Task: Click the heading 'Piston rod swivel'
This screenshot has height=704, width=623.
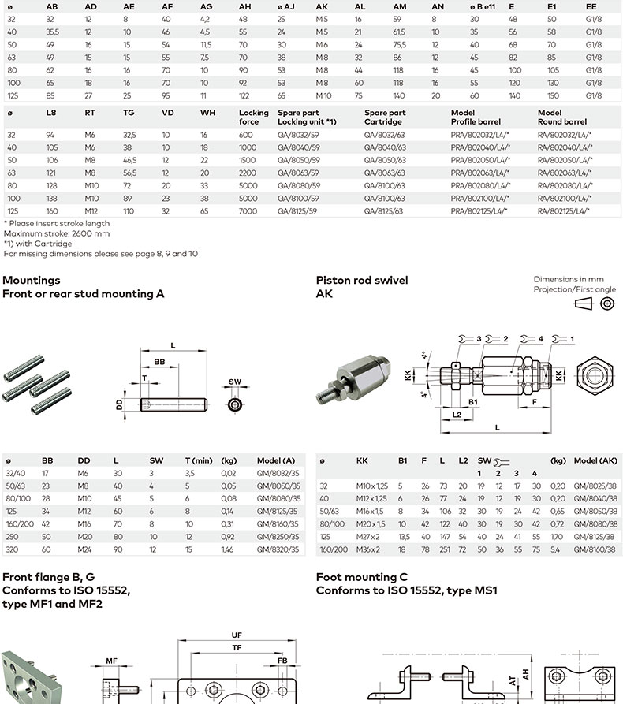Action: click(362, 280)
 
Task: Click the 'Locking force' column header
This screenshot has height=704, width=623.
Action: click(254, 117)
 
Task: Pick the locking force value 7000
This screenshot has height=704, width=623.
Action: click(248, 211)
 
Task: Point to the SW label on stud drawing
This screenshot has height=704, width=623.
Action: click(235, 381)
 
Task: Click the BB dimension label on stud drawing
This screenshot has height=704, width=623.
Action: click(159, 361)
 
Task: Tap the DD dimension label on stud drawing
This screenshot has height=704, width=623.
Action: click(119, 404)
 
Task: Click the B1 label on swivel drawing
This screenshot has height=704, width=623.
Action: click(474, 401)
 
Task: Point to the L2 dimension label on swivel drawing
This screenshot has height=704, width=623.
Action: click(457, 414)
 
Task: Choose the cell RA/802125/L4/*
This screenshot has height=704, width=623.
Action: click(564, 211)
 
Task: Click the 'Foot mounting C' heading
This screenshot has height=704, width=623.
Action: click(361, 577)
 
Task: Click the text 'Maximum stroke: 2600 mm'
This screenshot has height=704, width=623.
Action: click(57, 233)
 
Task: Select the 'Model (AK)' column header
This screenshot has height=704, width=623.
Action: click(595, 460)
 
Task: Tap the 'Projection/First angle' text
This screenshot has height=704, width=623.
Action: click(575, 289)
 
